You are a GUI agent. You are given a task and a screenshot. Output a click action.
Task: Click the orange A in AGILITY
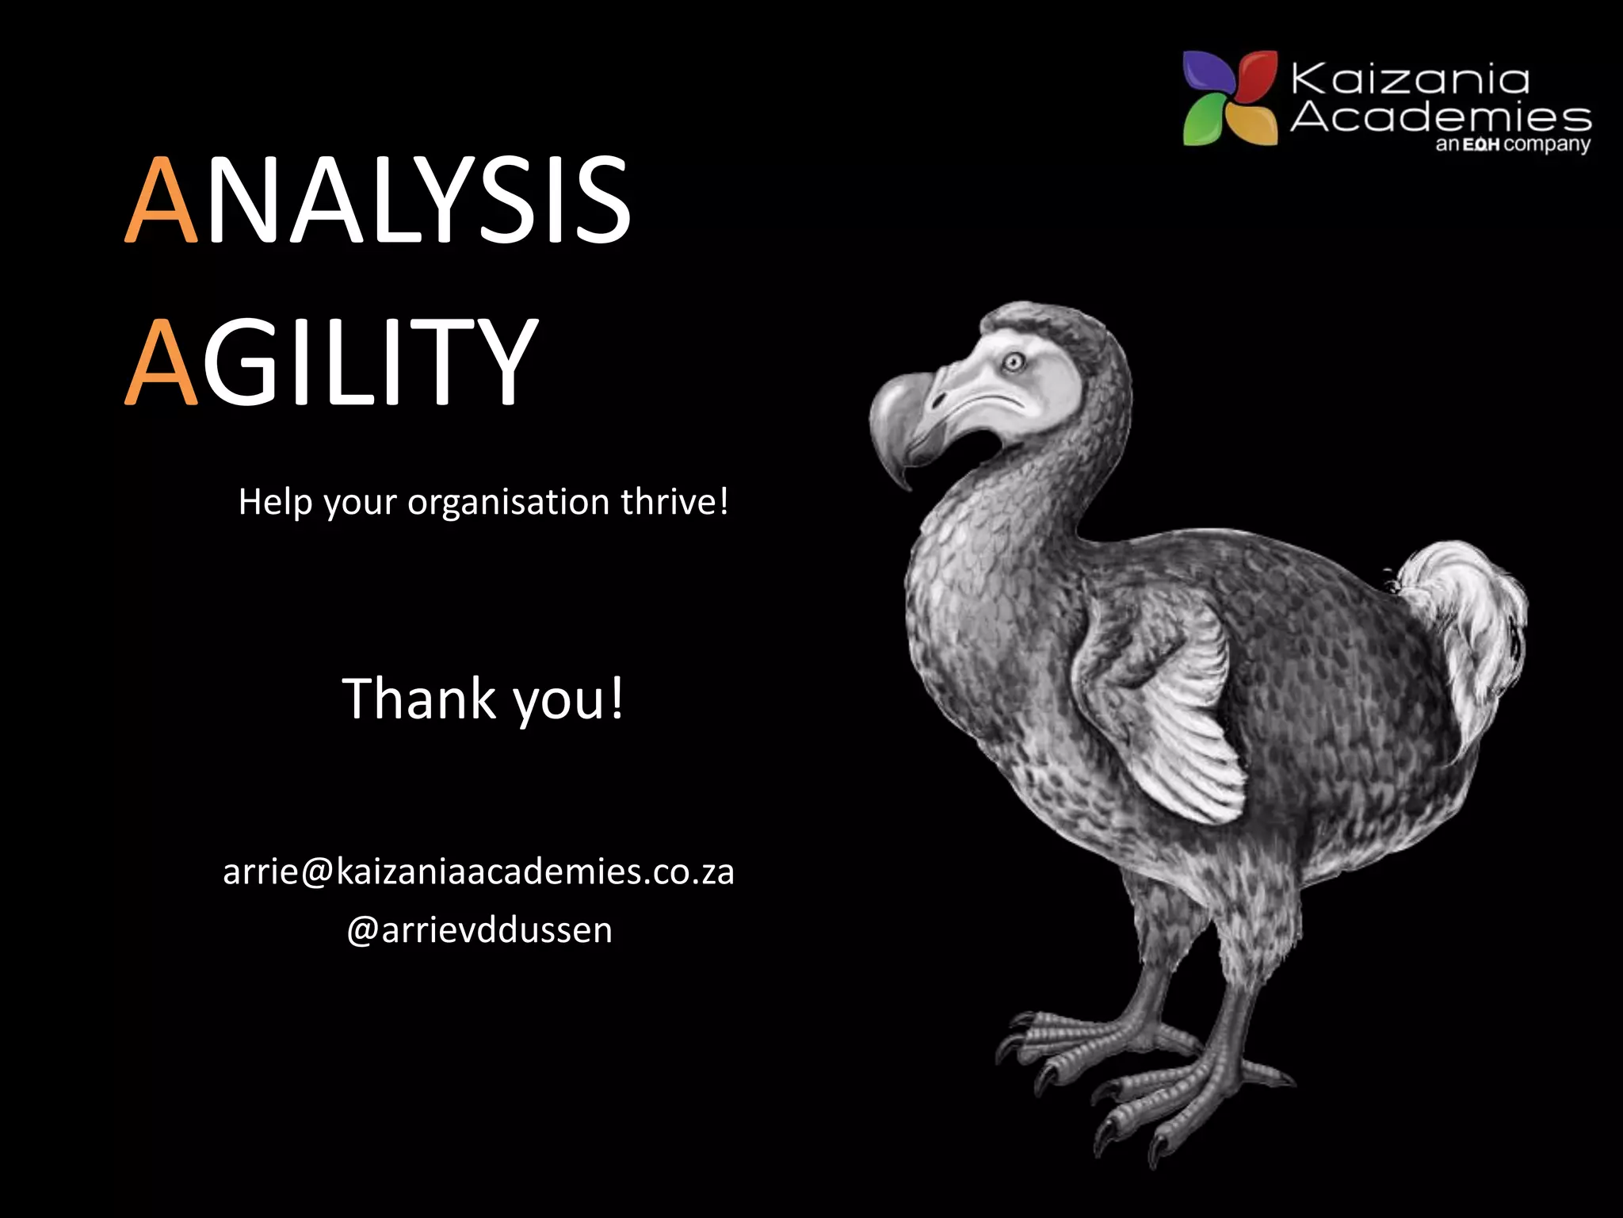[x=162, y=362]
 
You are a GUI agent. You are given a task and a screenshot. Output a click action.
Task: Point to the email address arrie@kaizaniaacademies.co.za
[x=479, y=872]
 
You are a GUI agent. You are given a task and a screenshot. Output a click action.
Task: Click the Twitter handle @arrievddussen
[x=479, y=930]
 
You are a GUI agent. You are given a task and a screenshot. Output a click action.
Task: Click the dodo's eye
[x=1013, y=363]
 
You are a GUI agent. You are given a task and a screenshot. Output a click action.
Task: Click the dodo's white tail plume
[x=1466, y=603]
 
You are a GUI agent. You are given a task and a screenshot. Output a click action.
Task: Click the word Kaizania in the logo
[x=1409, y=80]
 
